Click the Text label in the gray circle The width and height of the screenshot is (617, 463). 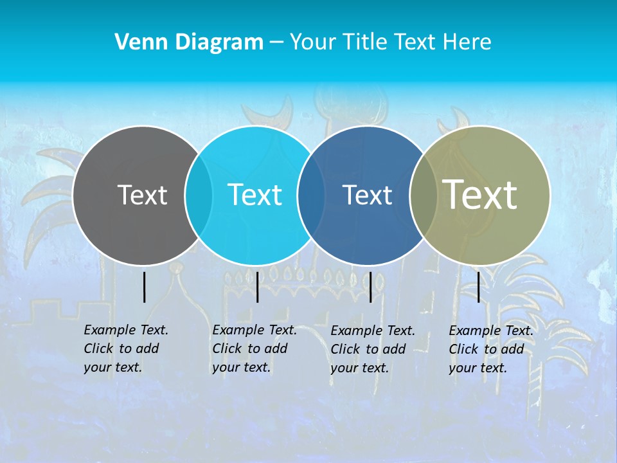142,195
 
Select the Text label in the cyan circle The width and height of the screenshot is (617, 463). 255,195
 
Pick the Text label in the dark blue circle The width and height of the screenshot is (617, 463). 367,195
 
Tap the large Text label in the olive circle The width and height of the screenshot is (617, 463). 480,194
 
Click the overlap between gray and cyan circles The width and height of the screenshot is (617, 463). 199,195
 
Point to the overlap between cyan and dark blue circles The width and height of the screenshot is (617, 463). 311,195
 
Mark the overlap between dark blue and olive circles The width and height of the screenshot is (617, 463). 423,195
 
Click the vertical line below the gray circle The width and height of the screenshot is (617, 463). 144,287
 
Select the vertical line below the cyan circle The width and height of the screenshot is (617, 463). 257,287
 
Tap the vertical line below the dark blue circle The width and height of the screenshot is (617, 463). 370,287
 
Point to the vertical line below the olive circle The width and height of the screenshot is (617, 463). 479,287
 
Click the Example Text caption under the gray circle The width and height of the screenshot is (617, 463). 125,349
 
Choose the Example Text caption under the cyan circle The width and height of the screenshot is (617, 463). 254,349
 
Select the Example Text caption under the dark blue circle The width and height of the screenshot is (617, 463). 372,349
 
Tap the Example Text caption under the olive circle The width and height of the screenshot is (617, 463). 490,349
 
